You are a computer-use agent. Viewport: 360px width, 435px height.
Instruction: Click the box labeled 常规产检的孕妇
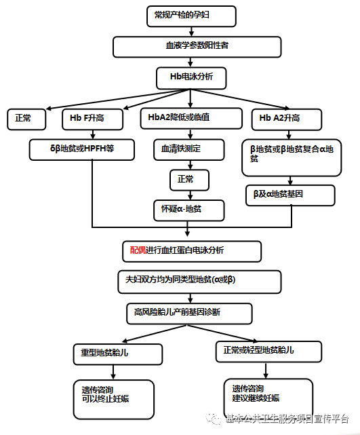click(191, 16)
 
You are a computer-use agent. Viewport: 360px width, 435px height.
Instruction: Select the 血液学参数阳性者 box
click(197, 47)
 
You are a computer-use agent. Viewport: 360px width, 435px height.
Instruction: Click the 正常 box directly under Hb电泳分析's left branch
click(27, 119)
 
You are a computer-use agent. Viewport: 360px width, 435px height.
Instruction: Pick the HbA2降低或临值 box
click(191, 118)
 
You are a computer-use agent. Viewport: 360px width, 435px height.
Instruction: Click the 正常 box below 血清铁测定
click(189, 180)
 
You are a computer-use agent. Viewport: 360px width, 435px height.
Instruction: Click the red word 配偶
click(138, 250)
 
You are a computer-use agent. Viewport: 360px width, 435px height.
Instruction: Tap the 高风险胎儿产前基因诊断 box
click(189, 312)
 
